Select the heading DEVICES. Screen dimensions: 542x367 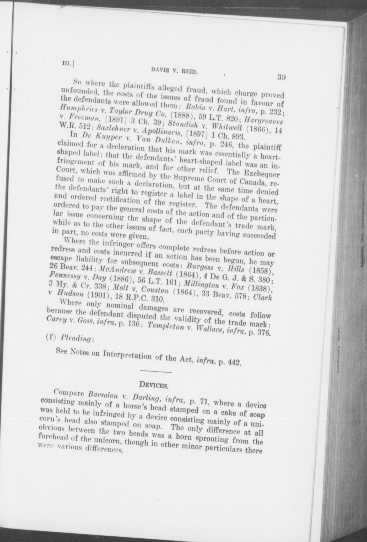[153, 385]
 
